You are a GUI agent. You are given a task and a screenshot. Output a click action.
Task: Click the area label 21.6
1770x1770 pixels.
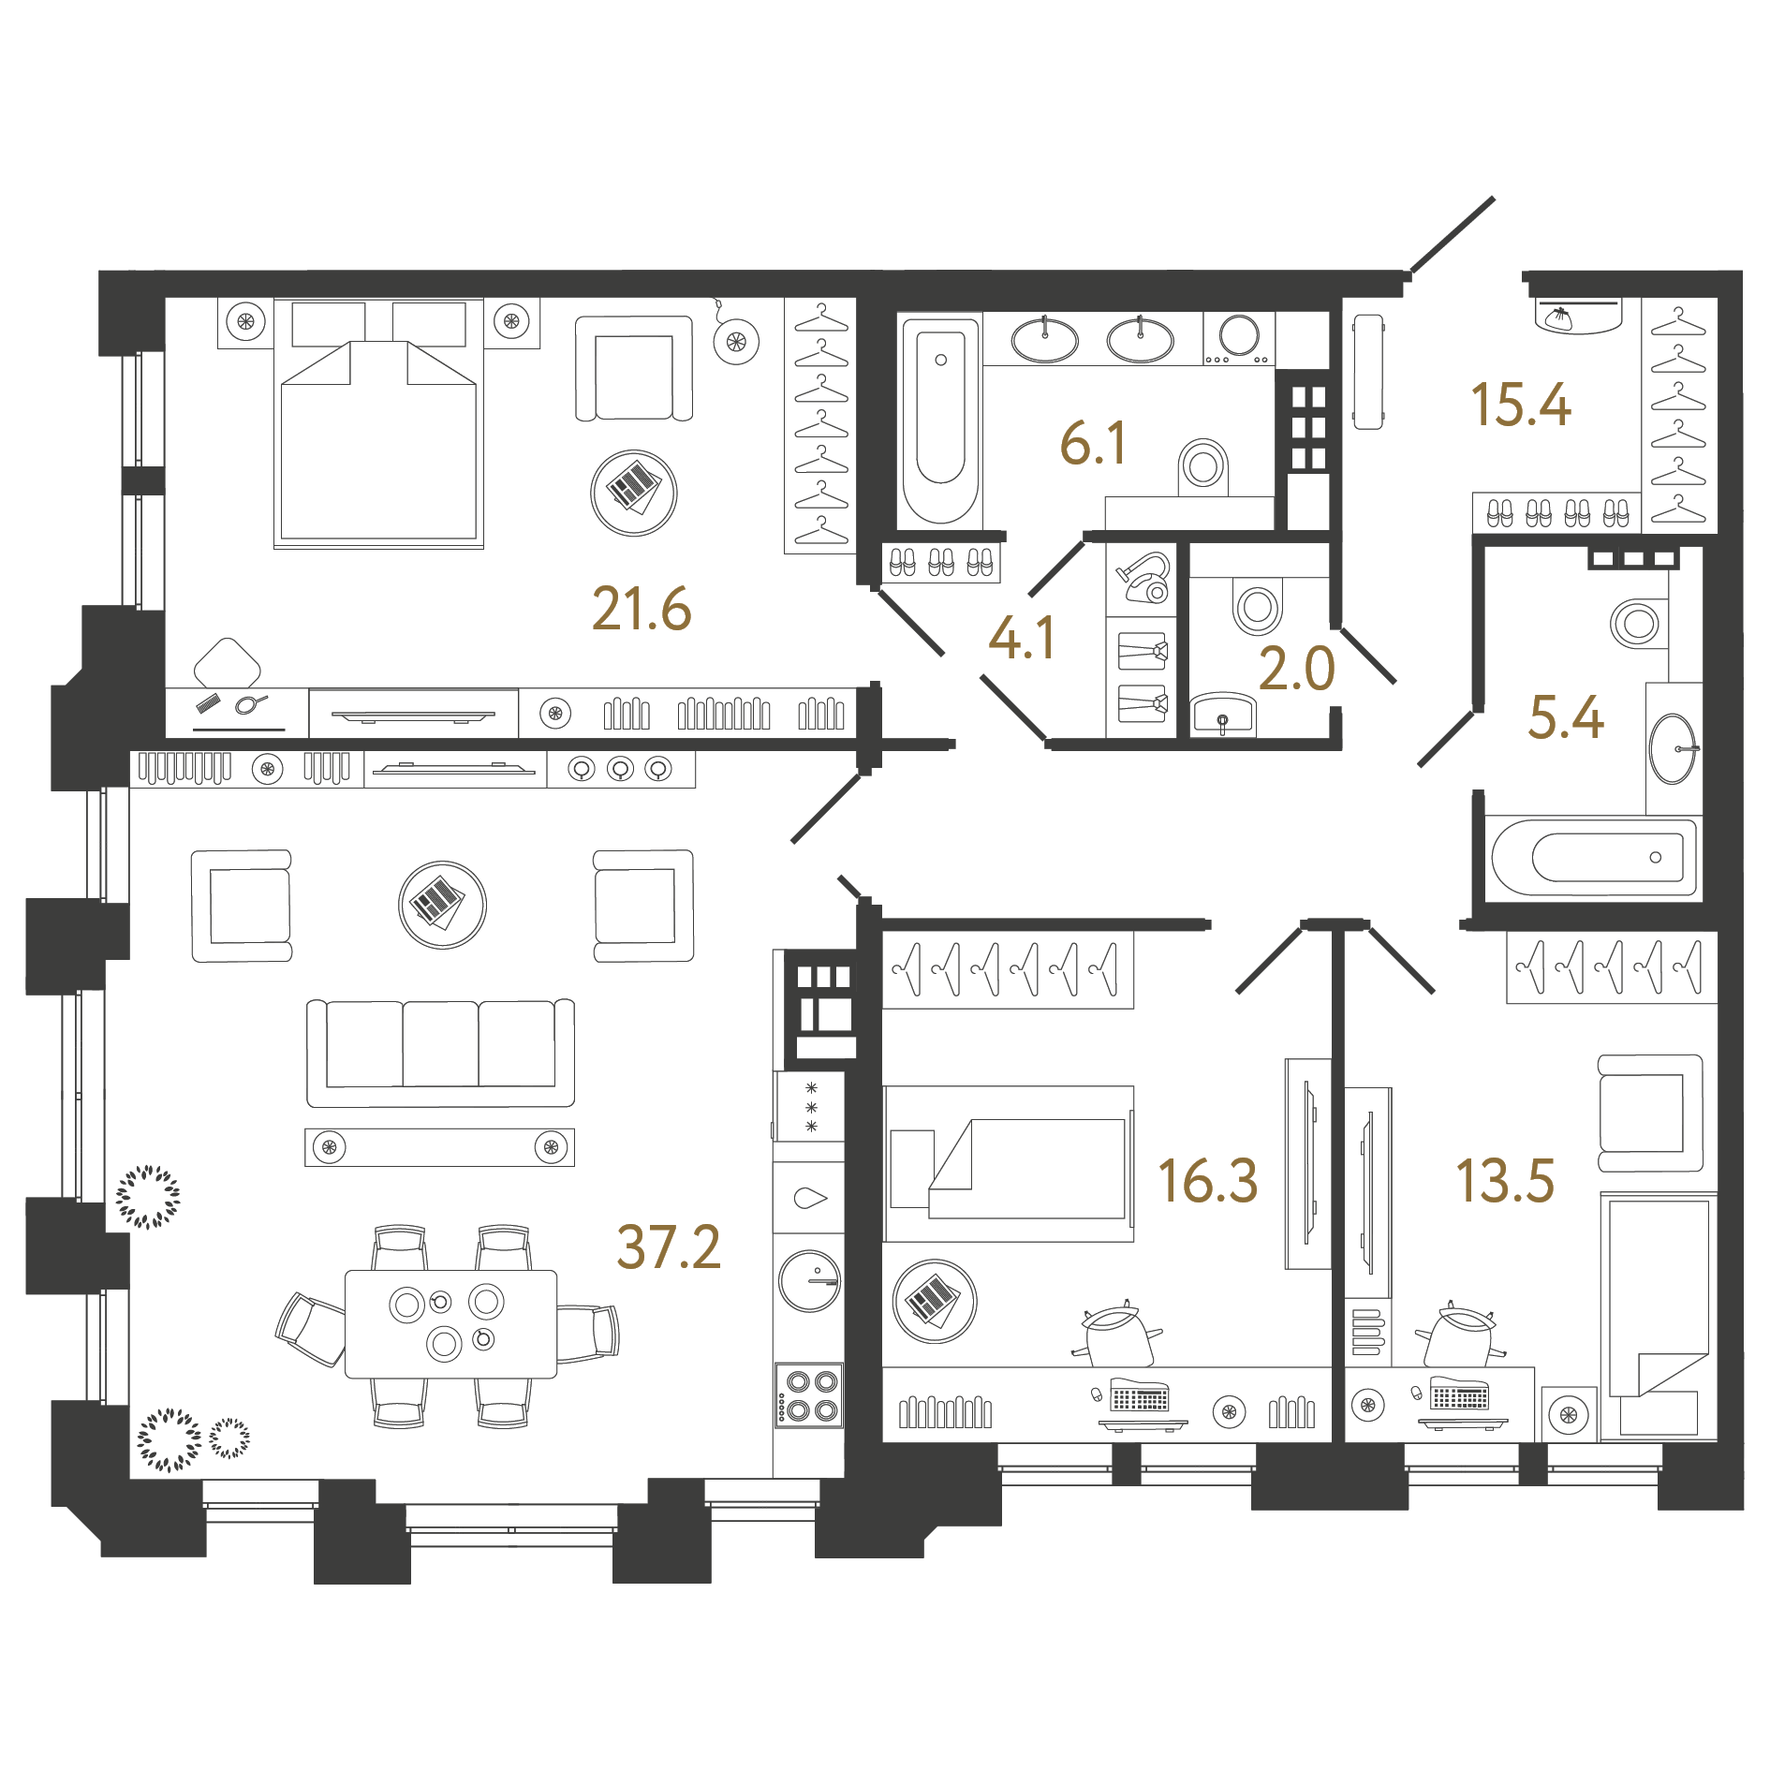(x=642, y=609)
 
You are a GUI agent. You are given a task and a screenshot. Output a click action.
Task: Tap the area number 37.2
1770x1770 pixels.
(x=669, y=1247)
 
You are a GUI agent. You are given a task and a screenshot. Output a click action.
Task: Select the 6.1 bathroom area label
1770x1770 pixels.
(x=1093, y=443)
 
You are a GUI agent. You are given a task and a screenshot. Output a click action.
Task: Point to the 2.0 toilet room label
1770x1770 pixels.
(x=1296, y=669)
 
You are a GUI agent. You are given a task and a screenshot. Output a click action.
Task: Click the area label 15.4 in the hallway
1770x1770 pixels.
(x=1520, y=405)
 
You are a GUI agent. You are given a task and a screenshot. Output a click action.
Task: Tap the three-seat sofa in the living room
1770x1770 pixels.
(x=440, y=1053)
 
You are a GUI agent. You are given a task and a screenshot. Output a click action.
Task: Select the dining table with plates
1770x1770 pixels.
(x=450, y=1323)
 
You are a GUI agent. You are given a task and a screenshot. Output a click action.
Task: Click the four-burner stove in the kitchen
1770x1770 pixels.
(x=810, y=1394)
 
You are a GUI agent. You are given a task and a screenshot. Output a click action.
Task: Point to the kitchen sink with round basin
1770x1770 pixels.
(x=810, y=1280)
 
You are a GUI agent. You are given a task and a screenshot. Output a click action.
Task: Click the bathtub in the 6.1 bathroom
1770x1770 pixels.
(x=939, y=420)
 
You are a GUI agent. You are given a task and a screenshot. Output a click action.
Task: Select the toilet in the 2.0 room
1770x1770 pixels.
(x=1257, y=606)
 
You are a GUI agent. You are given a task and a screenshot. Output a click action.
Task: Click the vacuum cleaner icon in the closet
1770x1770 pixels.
(x=1145, y=577)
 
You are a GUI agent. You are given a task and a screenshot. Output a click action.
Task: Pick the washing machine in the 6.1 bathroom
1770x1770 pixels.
(x=1239, y=338)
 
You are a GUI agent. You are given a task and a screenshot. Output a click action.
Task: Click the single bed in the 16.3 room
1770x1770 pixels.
(x=1009, y=1164)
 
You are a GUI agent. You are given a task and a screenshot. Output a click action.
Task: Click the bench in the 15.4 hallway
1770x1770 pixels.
(x=1368, y=372)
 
